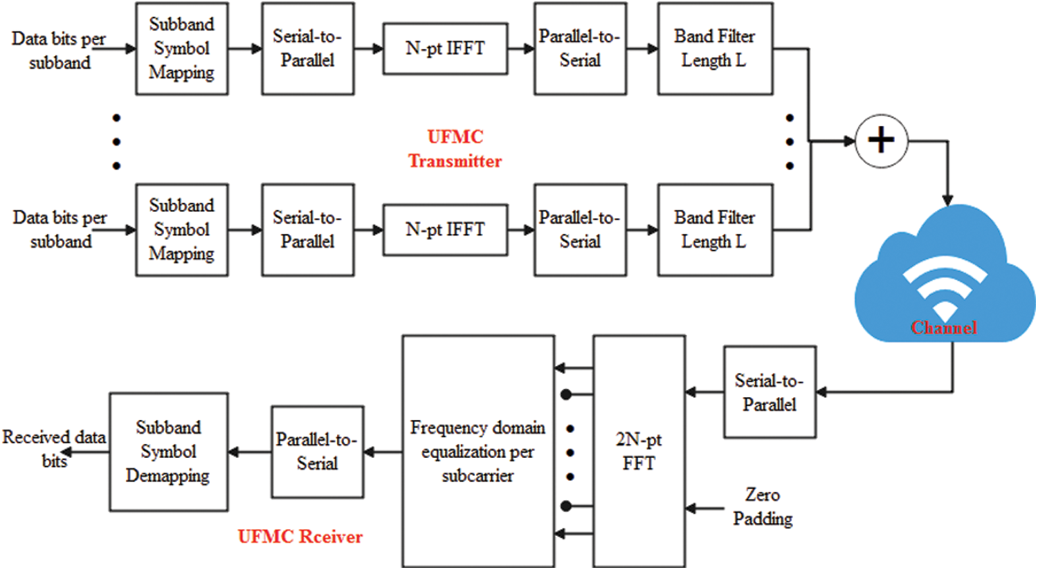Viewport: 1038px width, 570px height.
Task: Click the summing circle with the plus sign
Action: coord(881,141)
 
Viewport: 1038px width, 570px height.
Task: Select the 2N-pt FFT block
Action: coord(639,451)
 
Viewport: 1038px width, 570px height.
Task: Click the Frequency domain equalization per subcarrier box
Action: coord(477,451)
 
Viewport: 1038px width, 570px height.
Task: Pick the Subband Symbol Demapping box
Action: coord(168,452)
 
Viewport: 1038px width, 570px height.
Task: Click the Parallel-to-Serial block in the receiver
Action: coord(317,452)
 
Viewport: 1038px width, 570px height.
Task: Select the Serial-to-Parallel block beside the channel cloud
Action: coord(770,392)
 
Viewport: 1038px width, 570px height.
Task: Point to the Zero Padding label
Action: coord(763,506)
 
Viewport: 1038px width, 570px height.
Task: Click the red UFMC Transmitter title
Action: coord(455,149)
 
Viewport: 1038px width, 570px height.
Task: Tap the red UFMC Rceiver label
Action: coord(300,537)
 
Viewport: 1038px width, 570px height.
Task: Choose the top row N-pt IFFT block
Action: coord(445,48)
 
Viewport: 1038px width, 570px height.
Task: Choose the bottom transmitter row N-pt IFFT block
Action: coord(445,230)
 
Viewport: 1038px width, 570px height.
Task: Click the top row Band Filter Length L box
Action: coord(715,48)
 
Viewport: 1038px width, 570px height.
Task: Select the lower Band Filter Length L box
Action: coord(715,230)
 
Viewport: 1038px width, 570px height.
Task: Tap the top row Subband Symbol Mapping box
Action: coord(181,48)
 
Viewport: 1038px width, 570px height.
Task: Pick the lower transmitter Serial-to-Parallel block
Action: coord(307,230)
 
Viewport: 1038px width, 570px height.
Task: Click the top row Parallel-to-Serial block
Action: coord(580,48)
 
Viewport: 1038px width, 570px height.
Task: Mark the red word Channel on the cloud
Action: coord(944,327)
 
